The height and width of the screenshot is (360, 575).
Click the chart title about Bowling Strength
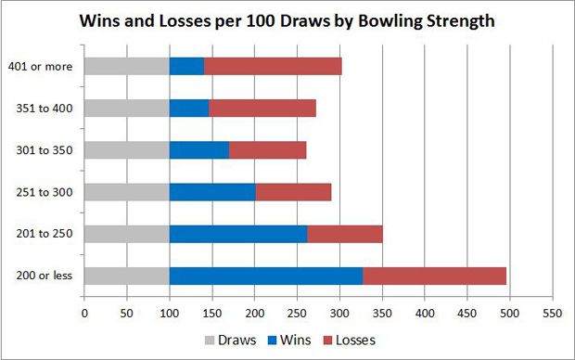pyautogui.click(x=287, y=19)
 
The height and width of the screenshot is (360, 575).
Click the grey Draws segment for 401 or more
pyautogui.click(x=126, y=66)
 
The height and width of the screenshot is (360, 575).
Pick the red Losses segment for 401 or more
pyautogui.click(x=273, y=66)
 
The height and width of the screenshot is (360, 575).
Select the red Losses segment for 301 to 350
pyautogui.click(x=267, y=149)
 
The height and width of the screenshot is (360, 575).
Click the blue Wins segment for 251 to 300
pyautogui.click(x=212, y=191)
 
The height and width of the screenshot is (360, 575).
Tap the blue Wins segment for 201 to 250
pyautogui.click(x=237, y=233)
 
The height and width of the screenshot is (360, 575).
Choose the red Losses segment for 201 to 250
pyautogui.click(x=344, y=233)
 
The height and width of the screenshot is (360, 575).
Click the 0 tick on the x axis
pyautogui.click(x=84, y=313)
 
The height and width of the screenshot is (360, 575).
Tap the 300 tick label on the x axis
pyautogui.click(x=339, y=313)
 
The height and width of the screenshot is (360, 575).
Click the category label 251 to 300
pyautogui.click(x=44, y=191)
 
